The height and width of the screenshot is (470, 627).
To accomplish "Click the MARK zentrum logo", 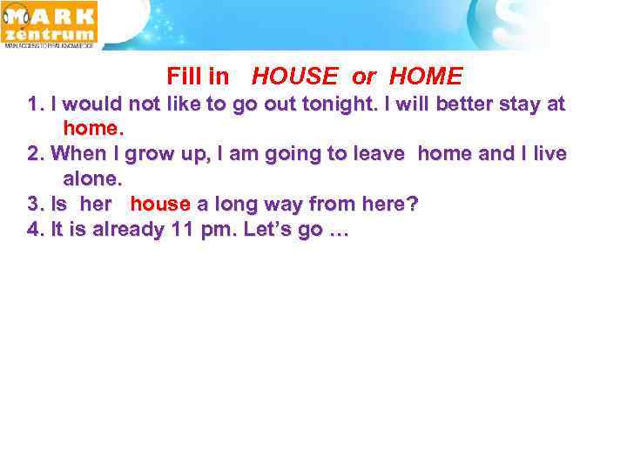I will pos(50,23).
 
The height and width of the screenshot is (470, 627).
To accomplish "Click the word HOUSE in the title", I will pos(294,77).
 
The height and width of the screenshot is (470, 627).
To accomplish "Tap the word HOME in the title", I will pos(426,77).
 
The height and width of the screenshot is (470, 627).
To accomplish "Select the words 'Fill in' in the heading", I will pos(198,77).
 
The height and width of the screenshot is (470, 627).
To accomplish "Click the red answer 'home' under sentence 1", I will pos(91,128).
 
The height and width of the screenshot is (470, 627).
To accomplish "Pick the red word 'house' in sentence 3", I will pos(160,204).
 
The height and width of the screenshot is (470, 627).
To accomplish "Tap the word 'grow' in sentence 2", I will pos(150,154).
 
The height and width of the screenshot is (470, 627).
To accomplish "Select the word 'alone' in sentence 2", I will pos(91,178).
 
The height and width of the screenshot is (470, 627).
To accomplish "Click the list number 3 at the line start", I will pos(35,204).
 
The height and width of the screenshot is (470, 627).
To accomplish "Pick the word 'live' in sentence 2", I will pos(549,154).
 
